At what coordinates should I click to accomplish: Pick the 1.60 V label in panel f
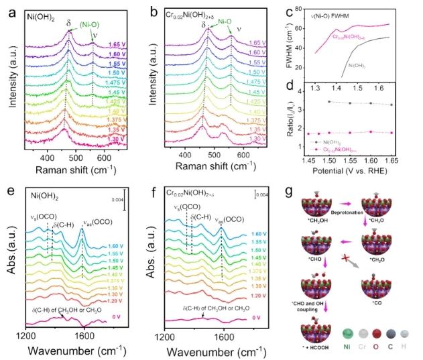tap(251, 231)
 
